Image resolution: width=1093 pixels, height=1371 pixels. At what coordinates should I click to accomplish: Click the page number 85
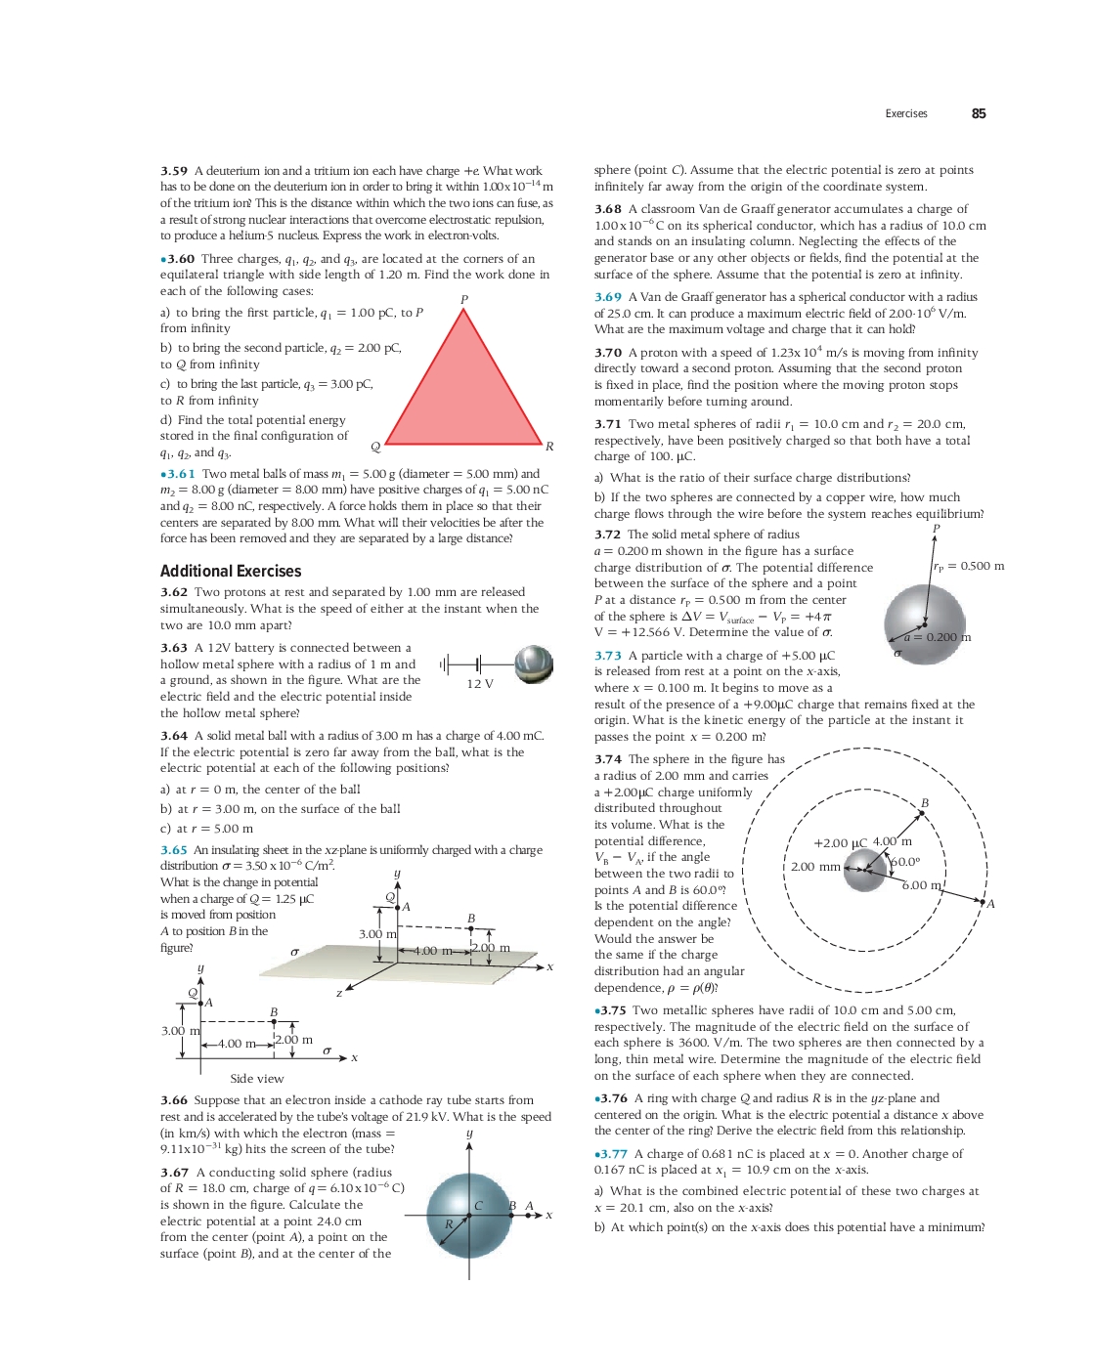(x=978, y=113)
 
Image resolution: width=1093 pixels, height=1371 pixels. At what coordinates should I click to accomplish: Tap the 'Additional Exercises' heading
(x=231, y=572)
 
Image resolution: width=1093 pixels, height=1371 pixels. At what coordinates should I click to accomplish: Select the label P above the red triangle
(x=464, y=300)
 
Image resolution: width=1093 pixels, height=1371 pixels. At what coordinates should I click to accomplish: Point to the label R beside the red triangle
(x=549, y=447)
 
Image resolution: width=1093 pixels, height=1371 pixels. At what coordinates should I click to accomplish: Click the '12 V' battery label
(x=480, y=684)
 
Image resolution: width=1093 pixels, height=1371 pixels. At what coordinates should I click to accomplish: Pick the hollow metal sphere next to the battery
(x=534, y=664)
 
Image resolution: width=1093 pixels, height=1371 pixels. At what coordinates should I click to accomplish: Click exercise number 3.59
(x=174, y=171)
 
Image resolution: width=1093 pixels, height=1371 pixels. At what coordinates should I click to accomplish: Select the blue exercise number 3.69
(x=608, y=297)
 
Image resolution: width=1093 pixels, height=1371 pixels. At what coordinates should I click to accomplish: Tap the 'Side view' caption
(x=257, y=1079)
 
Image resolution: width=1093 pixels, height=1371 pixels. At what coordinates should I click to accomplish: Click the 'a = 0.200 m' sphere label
(x=938, y=637)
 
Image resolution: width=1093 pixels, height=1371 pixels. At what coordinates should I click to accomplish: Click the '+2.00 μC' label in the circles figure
(x=840, y=843)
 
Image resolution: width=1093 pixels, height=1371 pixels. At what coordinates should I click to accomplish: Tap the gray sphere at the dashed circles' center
(x=865, y=869)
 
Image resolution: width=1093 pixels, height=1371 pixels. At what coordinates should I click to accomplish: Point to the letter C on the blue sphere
(x=478, y=1206)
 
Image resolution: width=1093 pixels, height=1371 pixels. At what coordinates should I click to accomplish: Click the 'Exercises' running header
(x=906, y=113)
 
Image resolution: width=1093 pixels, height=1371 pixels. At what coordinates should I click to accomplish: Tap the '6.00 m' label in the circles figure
(x=921, y=885)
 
